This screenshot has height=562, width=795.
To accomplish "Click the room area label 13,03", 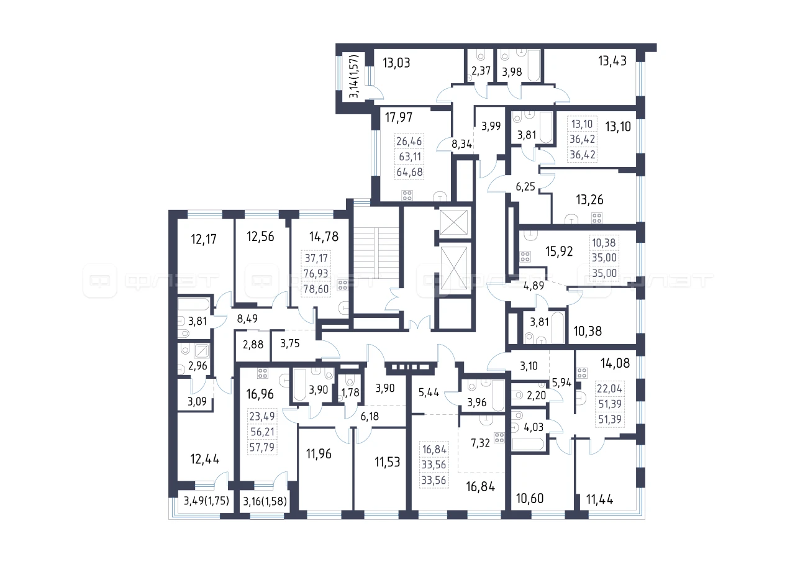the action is click(396, 63).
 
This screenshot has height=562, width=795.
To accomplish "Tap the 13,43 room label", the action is click(612, 61).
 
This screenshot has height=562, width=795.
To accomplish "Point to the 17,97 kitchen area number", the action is click(399, 117).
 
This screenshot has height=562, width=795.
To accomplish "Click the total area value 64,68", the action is click(409, 172).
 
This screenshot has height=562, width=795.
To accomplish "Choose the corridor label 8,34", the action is click(461, 144).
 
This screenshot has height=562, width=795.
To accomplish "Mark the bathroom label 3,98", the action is click(512, 72).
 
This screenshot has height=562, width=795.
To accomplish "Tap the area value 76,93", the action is click(316, 274).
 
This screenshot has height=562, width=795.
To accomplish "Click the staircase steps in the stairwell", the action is click(376, 253).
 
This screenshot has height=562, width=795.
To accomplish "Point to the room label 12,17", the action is click(203, 239).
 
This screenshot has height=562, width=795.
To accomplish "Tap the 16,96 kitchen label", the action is click(260, 394).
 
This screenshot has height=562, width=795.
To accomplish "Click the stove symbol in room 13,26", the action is click(597, 218).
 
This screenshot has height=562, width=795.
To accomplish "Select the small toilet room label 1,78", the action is click(350, 392).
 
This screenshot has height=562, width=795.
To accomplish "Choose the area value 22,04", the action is click(609, 389).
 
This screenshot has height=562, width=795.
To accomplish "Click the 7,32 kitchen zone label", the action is click(480, 443).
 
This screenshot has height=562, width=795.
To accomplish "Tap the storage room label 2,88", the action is click(253, 345).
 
